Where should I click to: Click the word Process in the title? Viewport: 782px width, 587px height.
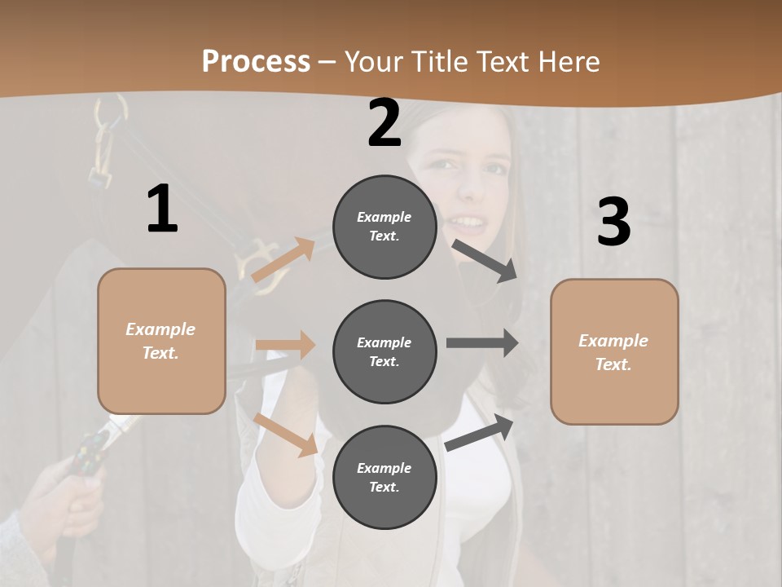click(x=256, y=61)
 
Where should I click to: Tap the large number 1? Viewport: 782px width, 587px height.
click(x=162, y=210)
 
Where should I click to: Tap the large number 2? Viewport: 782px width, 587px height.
click(x=384, y=123)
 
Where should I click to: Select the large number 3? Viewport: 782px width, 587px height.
click(x=613, y=222)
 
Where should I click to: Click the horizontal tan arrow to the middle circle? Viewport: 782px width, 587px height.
click(x=285, y=345)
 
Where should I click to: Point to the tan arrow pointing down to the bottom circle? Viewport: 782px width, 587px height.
click(x=285, y=435)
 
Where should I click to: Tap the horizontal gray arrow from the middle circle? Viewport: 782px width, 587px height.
click(x=481, y=343)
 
